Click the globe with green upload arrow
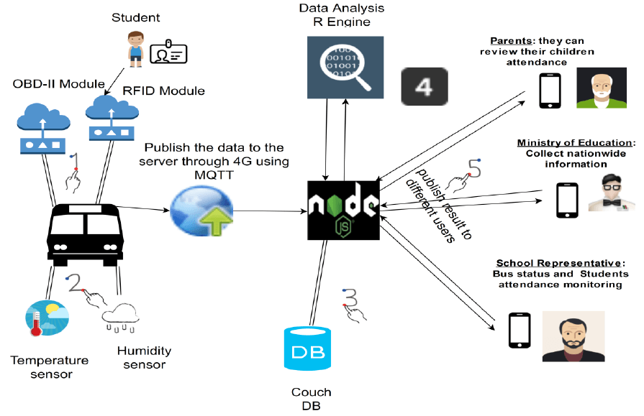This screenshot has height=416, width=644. [201, 210]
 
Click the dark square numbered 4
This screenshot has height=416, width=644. [424, 88]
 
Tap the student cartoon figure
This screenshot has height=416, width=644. [135, 48]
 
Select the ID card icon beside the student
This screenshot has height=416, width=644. [168, 52]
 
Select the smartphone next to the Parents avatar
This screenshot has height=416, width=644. [551, 89]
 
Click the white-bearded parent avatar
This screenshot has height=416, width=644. [597, 88]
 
